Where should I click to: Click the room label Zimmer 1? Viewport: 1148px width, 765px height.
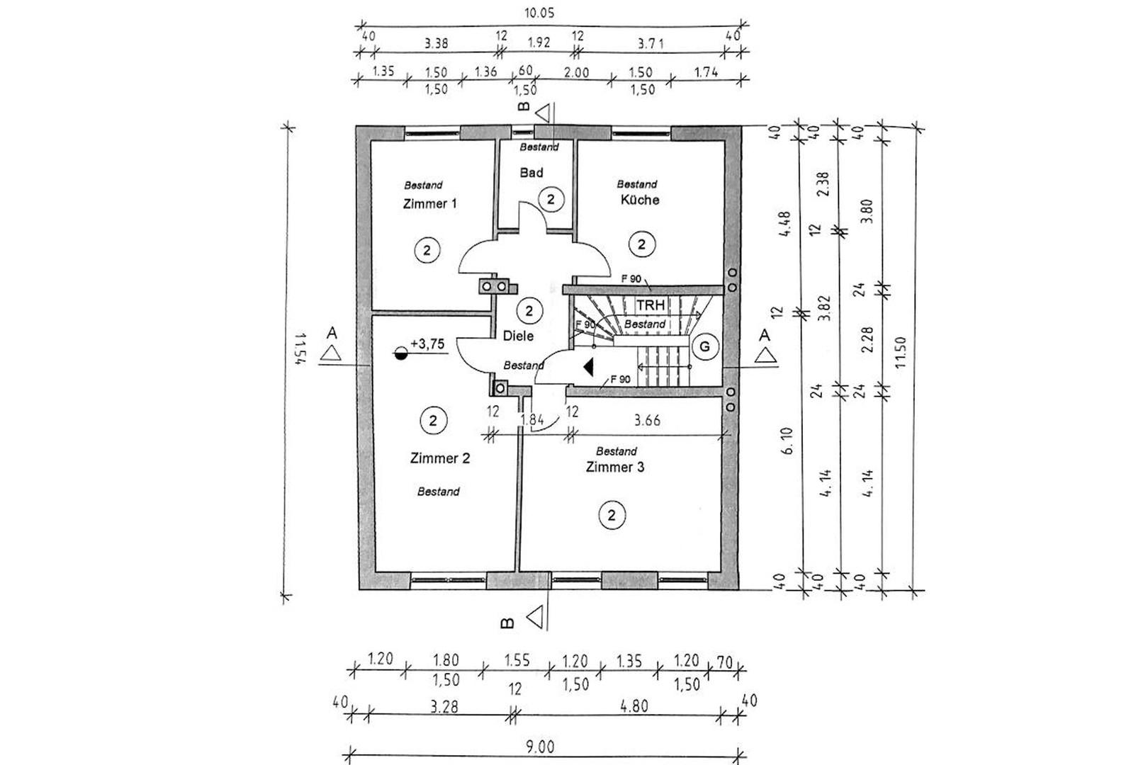[429, 204]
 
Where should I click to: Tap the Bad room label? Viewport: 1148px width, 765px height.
[531, 173]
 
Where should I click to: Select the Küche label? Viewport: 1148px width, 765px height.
[640, 200]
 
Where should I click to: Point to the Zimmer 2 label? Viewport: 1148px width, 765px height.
[439, 458]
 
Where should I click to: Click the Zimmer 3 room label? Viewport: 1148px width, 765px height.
[614, 467]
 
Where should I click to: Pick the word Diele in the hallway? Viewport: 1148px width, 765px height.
[518, 336]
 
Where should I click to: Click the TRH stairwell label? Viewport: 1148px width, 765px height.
[650, 305]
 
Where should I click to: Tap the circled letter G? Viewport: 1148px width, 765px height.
[704, 346]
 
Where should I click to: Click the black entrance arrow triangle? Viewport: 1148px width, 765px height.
[587, 367]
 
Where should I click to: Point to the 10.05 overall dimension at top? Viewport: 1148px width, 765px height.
[539, 13]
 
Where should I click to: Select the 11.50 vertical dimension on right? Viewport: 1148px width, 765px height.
[900, 353]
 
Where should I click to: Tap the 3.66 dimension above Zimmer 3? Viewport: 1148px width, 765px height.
[647, 420]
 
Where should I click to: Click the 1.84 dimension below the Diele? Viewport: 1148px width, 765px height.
[531, 419]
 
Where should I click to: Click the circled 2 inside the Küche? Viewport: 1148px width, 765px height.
[641, 245]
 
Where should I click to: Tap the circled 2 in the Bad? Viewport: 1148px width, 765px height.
[551, 199]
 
